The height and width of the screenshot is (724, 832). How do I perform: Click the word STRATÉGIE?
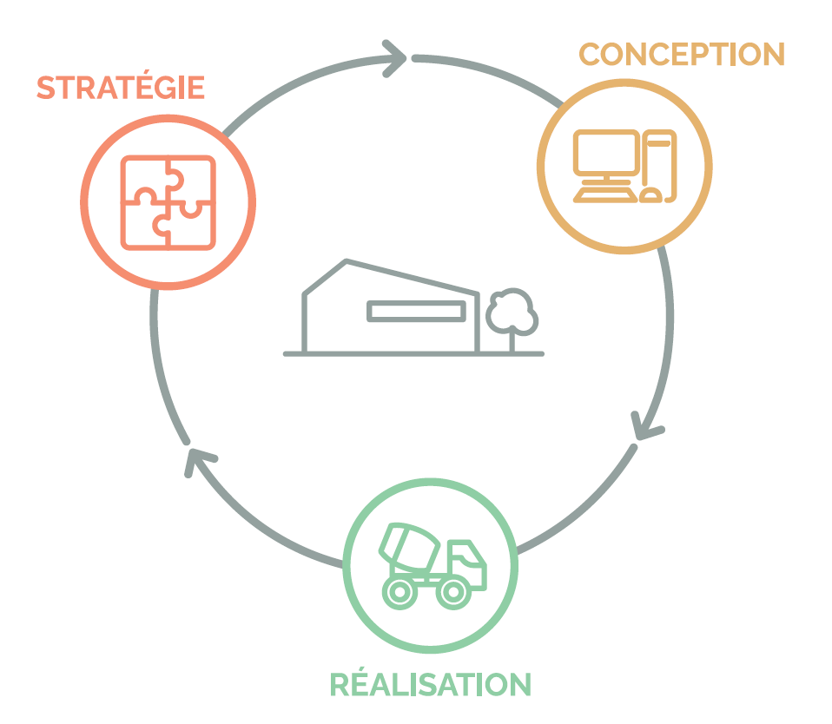tap(120, 88)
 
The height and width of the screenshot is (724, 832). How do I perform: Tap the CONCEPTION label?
tap(682, 54)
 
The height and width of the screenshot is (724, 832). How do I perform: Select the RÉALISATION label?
tap(430, 684)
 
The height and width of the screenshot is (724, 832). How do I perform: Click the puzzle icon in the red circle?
tap(168, 202)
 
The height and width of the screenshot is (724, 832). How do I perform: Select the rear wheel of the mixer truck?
tap(400, 592)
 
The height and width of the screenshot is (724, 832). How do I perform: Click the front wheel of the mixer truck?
tap(452, 592)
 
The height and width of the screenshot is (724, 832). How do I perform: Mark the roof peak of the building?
tap(347, 261)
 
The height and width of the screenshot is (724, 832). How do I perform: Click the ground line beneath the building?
tap(413, 353)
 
